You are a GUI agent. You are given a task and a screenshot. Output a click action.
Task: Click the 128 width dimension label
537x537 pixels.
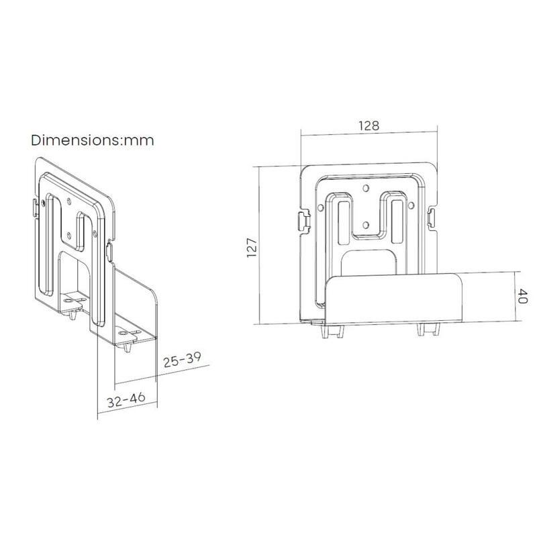[x=369, y=126]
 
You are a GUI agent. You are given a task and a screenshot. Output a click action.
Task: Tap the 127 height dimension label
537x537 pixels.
[x=252, y=247]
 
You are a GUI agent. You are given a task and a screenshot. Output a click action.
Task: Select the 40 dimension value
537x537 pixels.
[x=522, y=296]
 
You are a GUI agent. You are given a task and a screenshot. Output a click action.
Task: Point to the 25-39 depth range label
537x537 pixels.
[x=182, y=360]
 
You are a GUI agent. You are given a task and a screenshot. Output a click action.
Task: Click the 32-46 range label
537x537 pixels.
[x=126, y=399]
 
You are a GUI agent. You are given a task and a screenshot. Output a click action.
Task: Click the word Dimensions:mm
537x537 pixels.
[x=93, y=140]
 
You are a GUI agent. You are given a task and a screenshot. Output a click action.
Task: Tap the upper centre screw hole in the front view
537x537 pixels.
[x=366, y=188]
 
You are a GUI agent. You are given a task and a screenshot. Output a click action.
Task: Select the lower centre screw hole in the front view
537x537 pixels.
[x=366, y=225]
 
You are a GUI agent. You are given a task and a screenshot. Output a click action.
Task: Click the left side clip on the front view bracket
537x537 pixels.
[x=305, y=220]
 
